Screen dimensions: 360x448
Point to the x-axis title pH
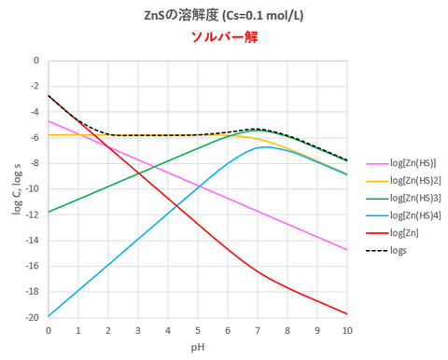click(x=197, y=347)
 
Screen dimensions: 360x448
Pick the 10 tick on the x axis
click(x=347, y=330)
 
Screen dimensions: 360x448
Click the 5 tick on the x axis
click(x=197, y=330)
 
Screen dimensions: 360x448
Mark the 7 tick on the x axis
click(x=258, y=330)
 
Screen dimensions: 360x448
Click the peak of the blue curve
click(x=267, y=146)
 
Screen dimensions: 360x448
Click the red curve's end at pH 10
click(x=347, y=314)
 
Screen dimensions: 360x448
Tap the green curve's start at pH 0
click(x=48, y=212)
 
